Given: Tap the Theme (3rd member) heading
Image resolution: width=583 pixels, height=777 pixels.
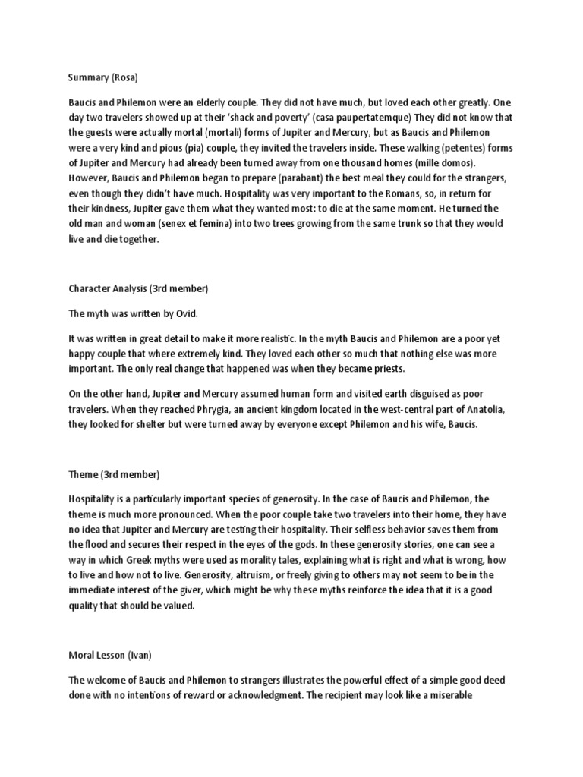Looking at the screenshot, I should coord(112,474).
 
